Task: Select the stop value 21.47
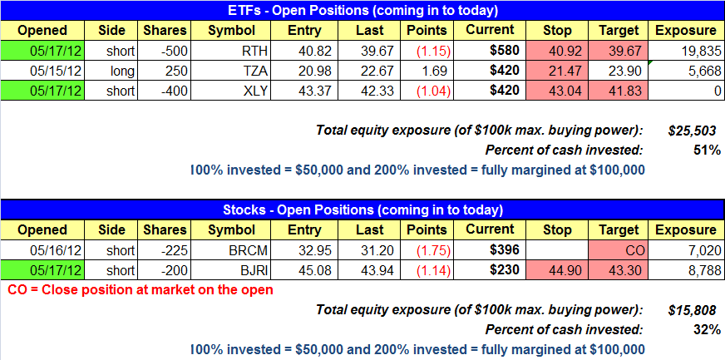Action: [x=556, y=71]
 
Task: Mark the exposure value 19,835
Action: [x=702, y=51]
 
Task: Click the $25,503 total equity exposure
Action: [x=693, y=131]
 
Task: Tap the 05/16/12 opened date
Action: [x=56, y=250]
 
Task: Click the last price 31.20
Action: [x=378, y=250]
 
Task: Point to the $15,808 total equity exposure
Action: [x=693, y=309]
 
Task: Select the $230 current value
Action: [x=505, y=270]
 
